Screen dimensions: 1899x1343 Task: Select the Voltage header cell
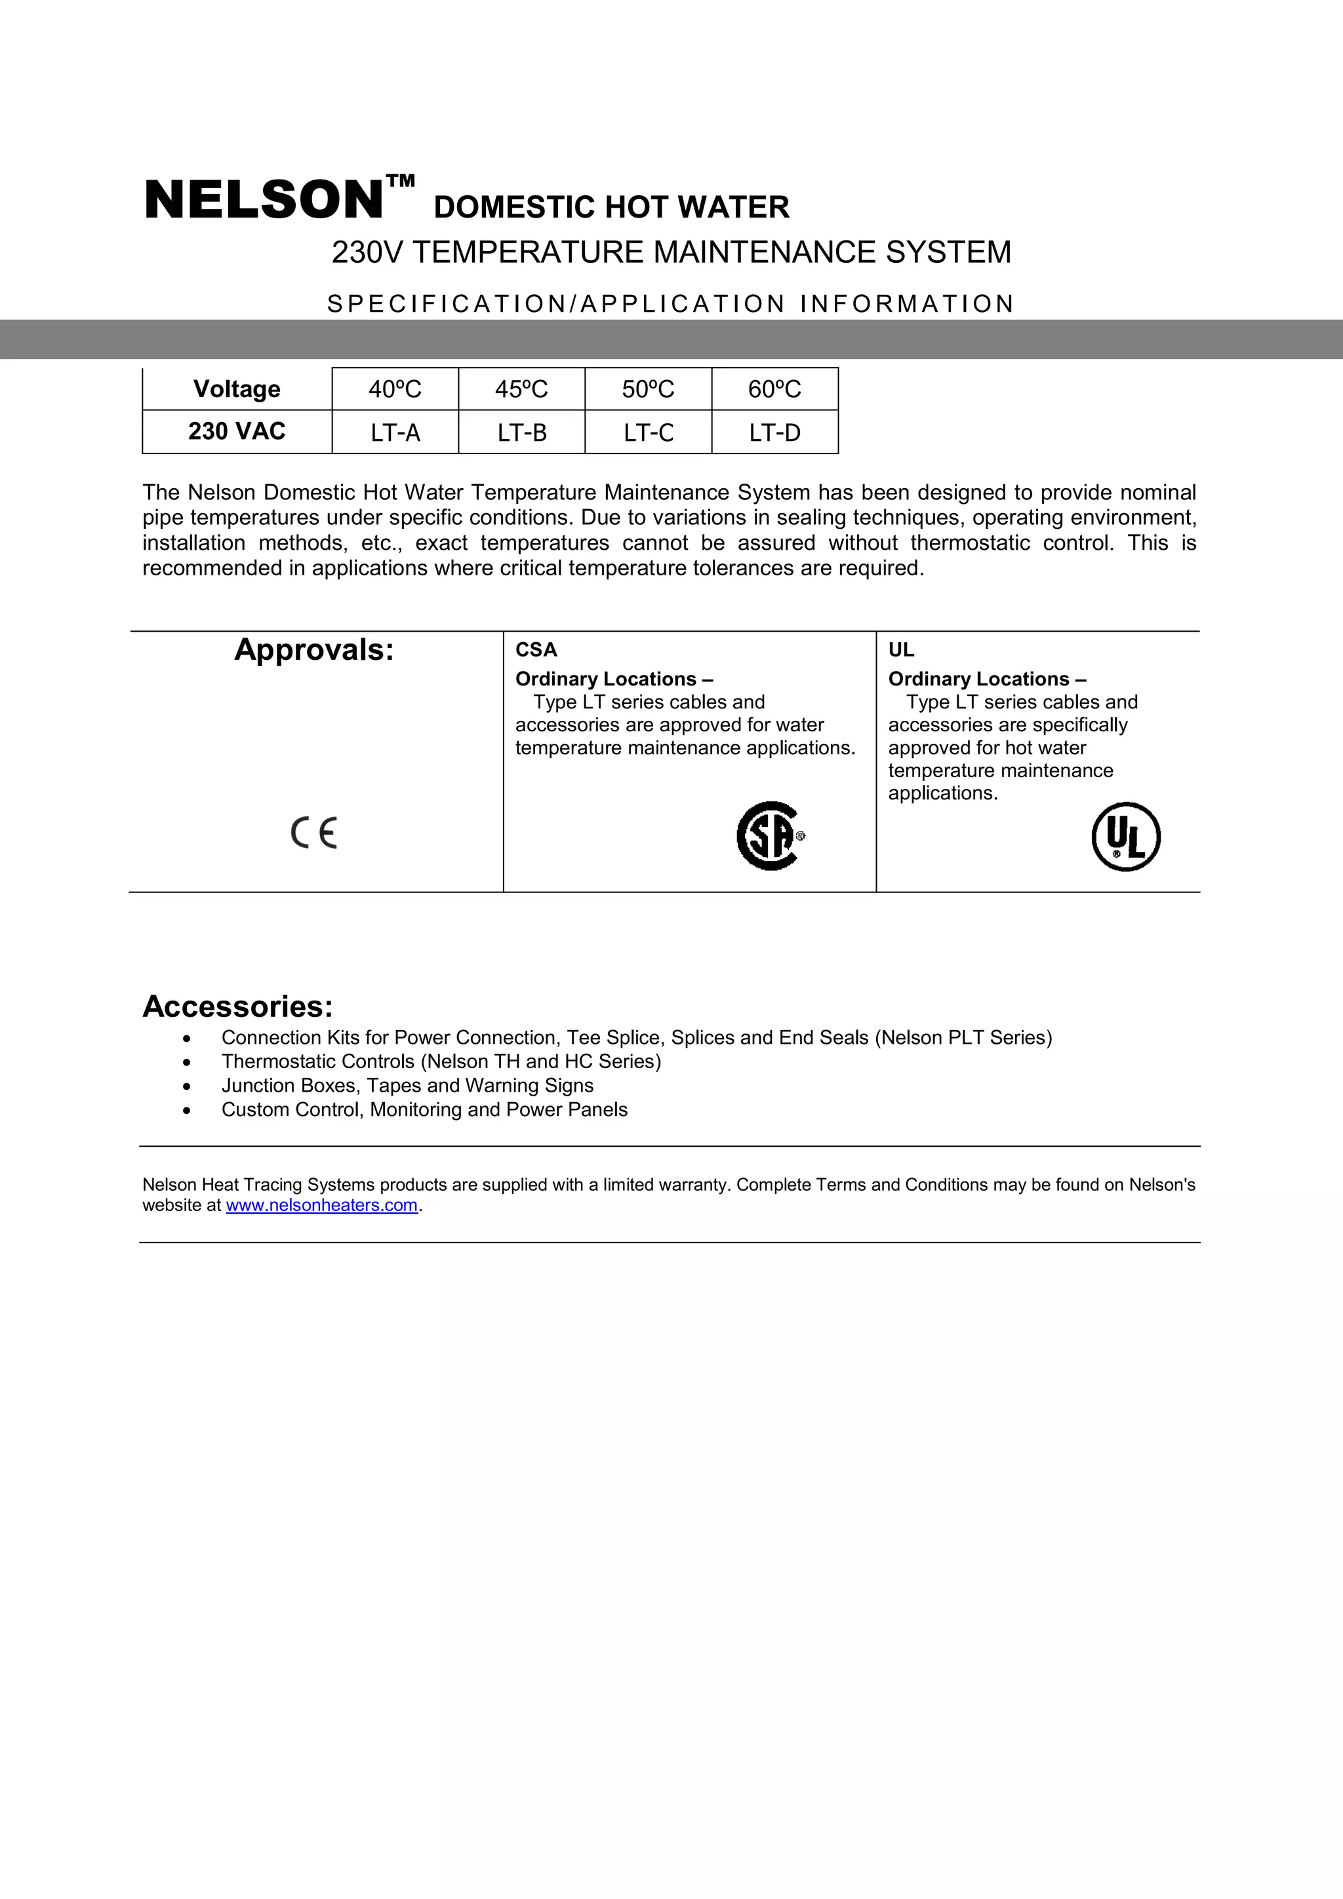point(237,389)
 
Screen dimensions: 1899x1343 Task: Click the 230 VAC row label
point(237,431)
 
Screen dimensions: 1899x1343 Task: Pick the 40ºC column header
point(395,389)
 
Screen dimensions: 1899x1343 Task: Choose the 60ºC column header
point(774,389)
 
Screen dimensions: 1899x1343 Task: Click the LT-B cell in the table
point(521,432)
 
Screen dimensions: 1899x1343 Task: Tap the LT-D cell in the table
point(774,432)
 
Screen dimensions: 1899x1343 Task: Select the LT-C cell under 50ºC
point(648,432)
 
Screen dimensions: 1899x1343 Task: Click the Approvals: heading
point(315,650)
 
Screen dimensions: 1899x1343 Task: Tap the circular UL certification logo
point(1125,836)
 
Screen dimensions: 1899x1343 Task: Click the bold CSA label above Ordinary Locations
point(536,650)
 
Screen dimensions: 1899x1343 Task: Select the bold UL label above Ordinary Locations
point(901,650)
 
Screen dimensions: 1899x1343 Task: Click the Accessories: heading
point(237,1007)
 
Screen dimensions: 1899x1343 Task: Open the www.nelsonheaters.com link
point(322,1205)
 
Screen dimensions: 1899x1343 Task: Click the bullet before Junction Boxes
point(187,1086)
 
